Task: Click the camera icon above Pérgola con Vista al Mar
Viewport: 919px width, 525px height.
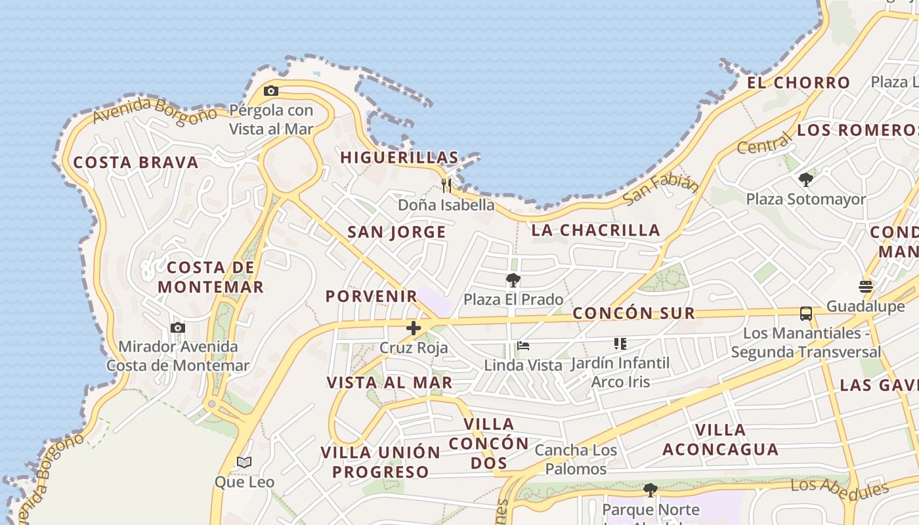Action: [271, 91]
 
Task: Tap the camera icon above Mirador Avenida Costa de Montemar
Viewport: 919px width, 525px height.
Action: [177, 327]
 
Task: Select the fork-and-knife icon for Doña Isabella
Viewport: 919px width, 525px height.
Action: [446, 185]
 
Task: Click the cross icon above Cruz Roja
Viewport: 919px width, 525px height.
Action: [414, 328]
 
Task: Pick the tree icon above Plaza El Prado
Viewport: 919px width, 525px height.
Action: [513, 280]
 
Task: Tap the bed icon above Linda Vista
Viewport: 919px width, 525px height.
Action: [523, 345]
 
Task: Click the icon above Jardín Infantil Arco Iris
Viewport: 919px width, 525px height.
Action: [620, 343]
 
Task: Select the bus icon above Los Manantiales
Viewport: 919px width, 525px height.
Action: [806, 314]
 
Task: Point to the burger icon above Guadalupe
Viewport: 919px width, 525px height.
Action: [865, 287]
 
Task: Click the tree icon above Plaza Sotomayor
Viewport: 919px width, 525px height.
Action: [806, 179]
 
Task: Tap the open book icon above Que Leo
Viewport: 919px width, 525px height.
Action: [244, 463]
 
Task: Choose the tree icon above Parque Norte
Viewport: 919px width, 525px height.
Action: [650, 490]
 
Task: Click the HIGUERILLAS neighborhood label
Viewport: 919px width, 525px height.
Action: [399, 157]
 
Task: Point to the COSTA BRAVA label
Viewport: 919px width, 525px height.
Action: [135, 163]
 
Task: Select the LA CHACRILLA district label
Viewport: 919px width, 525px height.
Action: [595, 230]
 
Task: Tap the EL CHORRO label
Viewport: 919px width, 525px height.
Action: [798, 83]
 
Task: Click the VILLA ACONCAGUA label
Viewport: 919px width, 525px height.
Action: [720, 440]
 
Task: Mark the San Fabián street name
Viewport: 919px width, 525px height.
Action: [660, 189]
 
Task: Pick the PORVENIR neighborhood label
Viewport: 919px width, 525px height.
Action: [372, 296]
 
